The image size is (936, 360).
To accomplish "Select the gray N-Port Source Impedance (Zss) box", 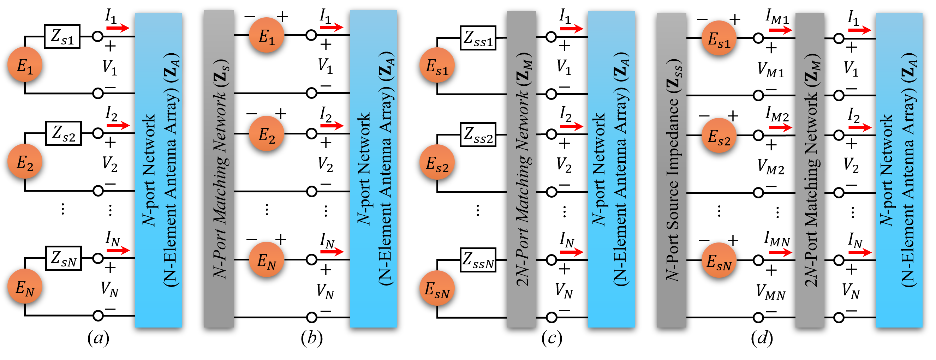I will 671,170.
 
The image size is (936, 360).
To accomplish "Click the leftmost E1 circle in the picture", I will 25,64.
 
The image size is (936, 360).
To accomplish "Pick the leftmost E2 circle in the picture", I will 25,161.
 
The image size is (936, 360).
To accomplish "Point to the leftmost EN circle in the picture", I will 25,286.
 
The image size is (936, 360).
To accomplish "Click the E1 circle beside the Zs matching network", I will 266,35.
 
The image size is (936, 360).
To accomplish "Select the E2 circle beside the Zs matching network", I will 266,133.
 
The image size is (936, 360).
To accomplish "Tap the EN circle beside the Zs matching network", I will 266,259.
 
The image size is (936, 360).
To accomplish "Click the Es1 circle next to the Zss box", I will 719,38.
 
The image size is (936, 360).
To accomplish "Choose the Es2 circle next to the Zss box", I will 719,136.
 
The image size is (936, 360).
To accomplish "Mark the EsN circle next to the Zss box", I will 719,260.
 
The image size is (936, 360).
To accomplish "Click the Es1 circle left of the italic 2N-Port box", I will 437,65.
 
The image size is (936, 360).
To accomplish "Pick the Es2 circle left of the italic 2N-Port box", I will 437,162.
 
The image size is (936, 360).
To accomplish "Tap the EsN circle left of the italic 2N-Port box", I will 437,288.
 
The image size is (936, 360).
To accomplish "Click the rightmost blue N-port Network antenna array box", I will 899,170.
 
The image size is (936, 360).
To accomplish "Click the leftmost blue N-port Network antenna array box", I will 158,170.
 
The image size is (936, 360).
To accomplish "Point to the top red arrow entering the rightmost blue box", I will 859,30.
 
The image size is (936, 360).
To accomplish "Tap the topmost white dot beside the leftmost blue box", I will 98,36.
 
